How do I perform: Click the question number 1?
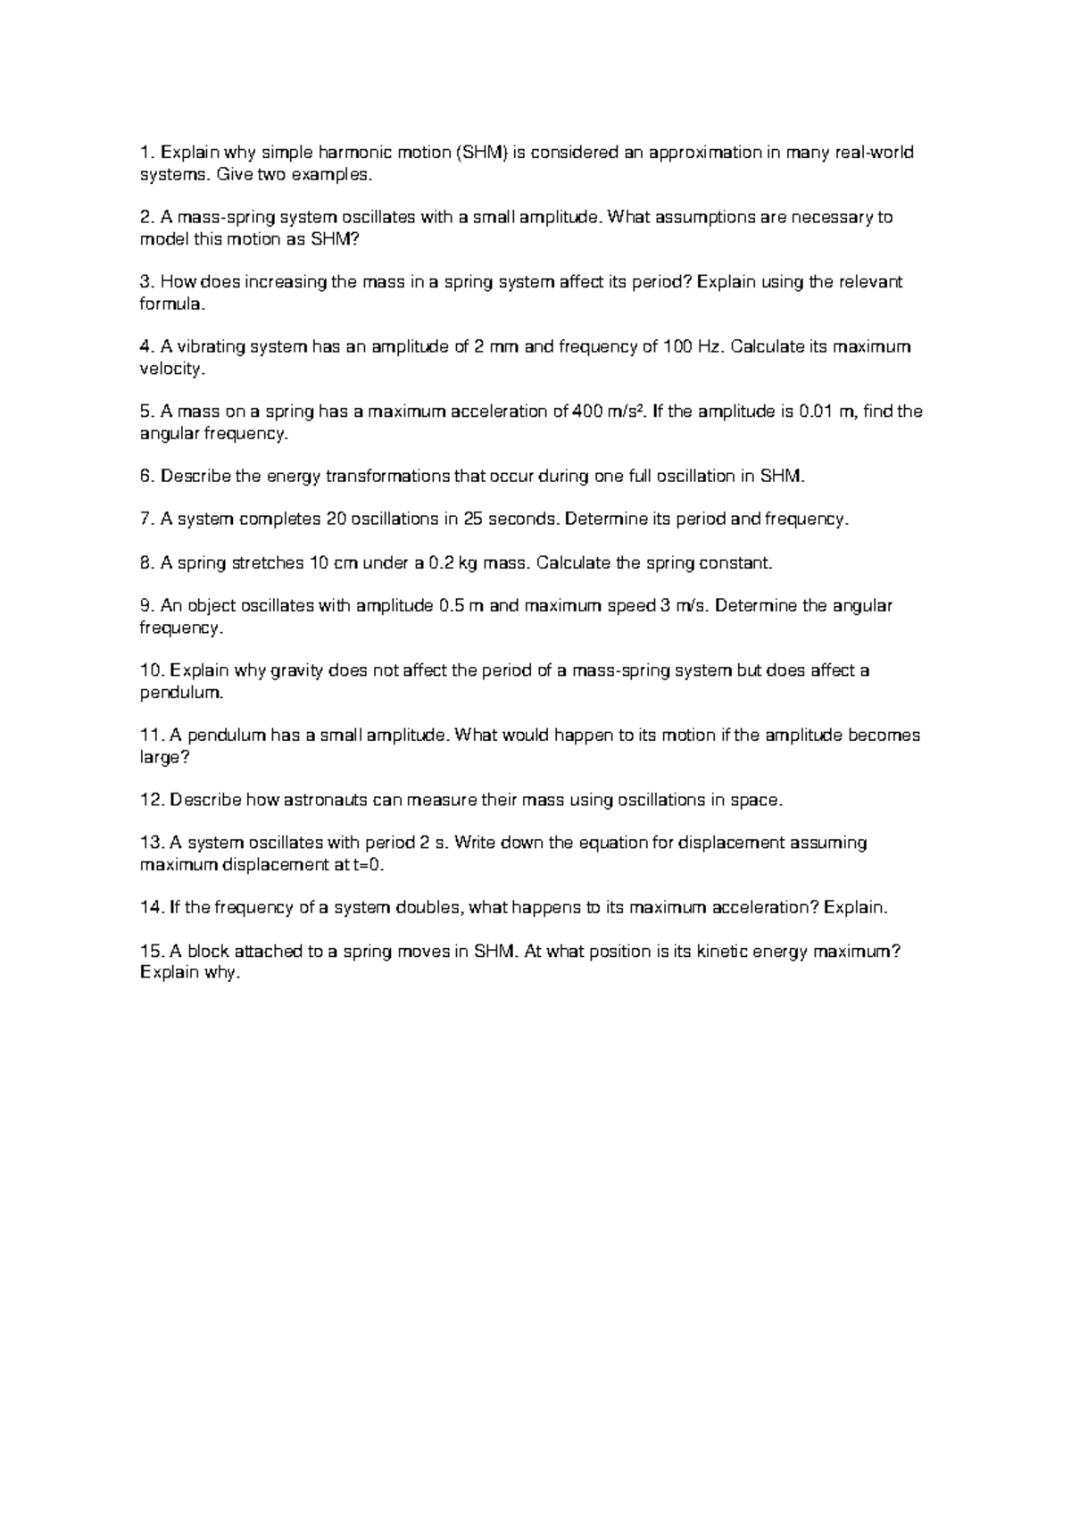146,153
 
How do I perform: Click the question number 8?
146,563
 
